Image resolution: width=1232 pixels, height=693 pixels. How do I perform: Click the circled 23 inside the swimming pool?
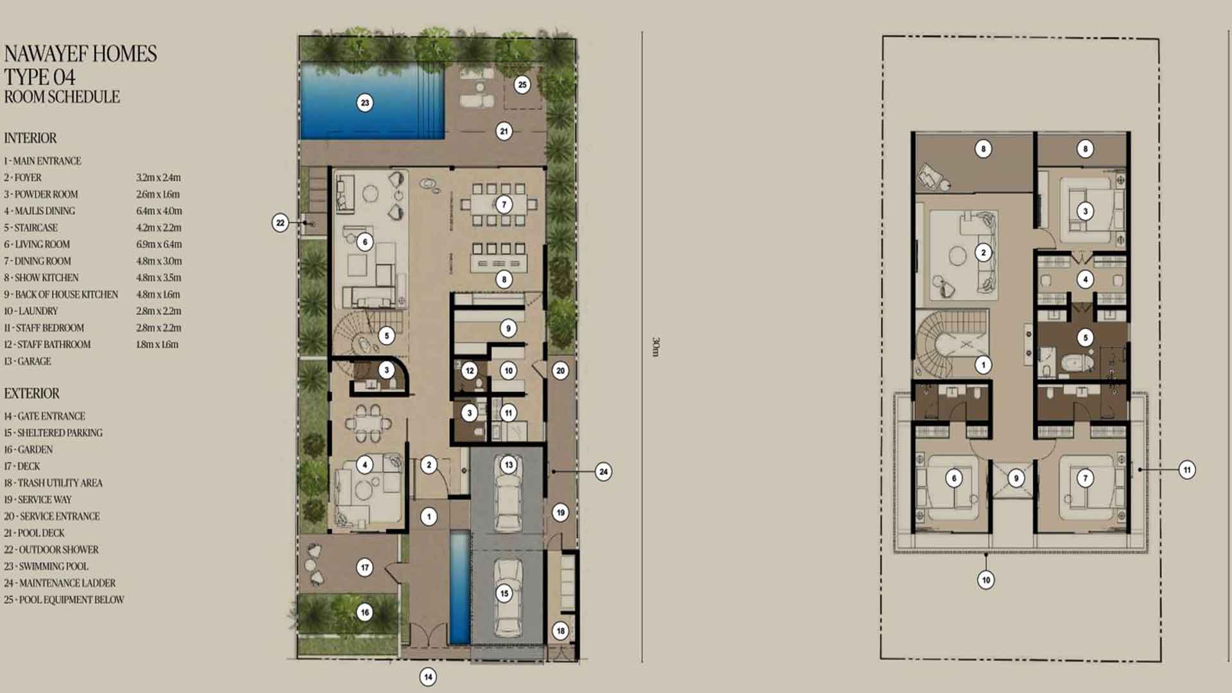(365, 103)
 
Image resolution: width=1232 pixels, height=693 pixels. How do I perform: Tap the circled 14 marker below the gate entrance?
(428, 676)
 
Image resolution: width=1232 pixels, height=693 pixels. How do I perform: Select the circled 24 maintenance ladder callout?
(603, 472)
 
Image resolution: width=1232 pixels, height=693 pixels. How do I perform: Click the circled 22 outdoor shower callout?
(280, 223)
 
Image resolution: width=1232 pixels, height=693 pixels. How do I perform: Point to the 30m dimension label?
(655, 346)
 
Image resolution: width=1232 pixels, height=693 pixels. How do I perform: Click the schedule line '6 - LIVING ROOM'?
(37, 244)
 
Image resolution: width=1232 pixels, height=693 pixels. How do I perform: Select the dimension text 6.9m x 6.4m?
(158, 244)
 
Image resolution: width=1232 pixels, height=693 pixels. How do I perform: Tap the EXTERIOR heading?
(31, 393)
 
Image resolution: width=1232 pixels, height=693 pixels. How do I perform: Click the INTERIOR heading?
(30, 138)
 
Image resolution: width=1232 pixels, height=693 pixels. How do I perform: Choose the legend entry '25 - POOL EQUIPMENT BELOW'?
(64, 600)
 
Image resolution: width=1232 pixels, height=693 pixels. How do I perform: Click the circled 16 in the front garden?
(365, 612)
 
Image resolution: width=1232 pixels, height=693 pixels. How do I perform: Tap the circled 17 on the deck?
(365, 567)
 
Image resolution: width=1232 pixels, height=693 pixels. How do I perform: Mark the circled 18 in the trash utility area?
(561, 631)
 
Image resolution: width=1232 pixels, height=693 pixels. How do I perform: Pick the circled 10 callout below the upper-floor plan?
(986, 580)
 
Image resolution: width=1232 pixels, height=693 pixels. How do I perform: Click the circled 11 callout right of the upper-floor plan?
(1187, 470)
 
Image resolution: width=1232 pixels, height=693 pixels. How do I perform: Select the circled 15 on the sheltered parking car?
(504, 594)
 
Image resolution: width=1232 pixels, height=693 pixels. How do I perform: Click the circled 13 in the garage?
(509, 465)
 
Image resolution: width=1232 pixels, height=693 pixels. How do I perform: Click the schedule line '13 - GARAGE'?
(28, 361)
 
